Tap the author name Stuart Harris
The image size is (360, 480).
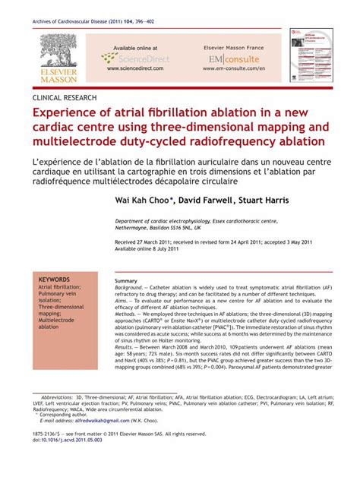pos(263,202)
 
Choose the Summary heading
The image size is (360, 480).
pos(125,281)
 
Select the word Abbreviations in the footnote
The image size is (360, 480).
pos(62,375)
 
